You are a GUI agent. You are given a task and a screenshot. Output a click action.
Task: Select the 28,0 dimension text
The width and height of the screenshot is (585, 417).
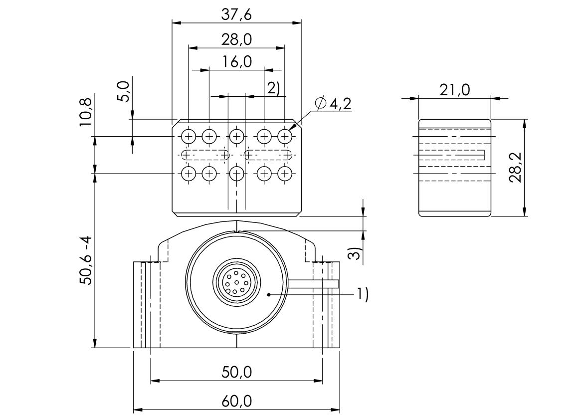point(236,39)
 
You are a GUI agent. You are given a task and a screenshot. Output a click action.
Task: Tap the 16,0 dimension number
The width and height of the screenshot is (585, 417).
point(236,61)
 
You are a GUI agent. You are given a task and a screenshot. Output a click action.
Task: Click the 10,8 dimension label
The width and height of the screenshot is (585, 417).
point(86,111)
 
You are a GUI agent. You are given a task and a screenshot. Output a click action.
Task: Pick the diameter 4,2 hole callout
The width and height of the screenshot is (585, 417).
point(333,104)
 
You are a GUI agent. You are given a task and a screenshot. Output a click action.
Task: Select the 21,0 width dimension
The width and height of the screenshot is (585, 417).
point(454,90)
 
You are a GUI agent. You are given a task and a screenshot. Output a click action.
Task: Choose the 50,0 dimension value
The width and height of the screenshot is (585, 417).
point(236,372)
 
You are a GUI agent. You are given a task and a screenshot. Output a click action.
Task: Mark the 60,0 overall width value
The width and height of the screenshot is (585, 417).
point(236,401)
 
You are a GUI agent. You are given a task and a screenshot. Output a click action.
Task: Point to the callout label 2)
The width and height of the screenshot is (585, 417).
point(273,88)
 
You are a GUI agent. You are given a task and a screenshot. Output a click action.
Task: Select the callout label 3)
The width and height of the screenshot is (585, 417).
point(355,253)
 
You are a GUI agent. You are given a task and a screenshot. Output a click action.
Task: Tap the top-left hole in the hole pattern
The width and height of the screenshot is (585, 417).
point(189,136)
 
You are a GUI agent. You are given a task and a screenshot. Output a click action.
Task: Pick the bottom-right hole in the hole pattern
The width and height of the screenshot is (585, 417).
point(285,174)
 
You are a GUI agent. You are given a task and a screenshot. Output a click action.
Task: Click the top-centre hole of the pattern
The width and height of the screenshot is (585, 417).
point(236,136)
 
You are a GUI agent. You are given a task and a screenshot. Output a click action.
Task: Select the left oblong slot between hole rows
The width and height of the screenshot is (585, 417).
point(205,155)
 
